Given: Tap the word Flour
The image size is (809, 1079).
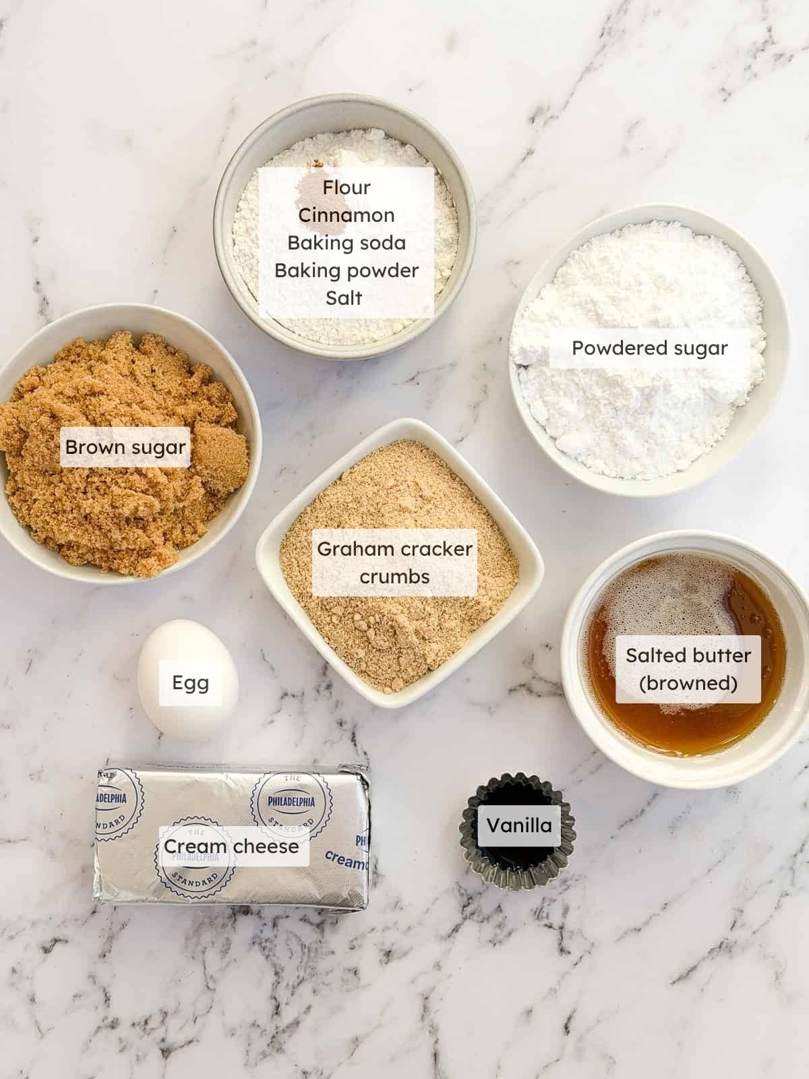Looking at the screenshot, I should [347, 187].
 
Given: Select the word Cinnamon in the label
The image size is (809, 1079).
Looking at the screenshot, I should [347, 215].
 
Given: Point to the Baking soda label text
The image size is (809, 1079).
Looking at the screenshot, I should [347, 243].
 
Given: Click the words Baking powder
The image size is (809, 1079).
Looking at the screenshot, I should [347, 270].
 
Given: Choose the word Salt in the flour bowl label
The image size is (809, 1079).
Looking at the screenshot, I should [344, 298].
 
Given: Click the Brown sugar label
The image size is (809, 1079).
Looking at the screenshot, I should [125, 447].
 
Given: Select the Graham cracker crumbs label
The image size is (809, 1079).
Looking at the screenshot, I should [394, 562].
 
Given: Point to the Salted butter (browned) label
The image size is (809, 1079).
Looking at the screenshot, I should [688, 669].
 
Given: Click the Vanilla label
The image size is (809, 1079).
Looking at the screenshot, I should [519, 825].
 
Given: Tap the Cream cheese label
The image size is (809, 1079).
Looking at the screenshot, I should [231, 846].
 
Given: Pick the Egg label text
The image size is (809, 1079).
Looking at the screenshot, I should [190, 682].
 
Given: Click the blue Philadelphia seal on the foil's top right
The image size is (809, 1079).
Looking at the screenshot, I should [291, 803].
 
